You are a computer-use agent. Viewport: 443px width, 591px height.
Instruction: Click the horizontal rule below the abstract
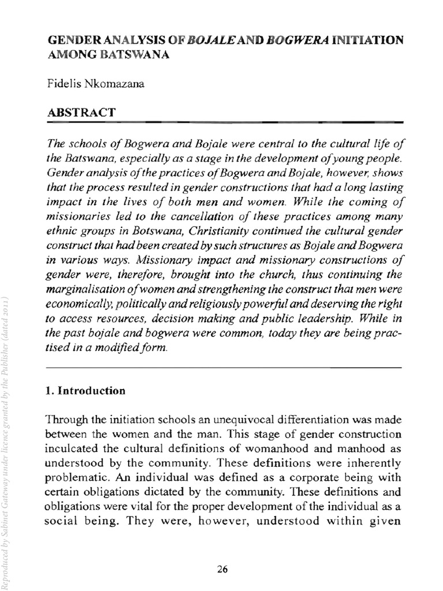pos(223,368)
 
